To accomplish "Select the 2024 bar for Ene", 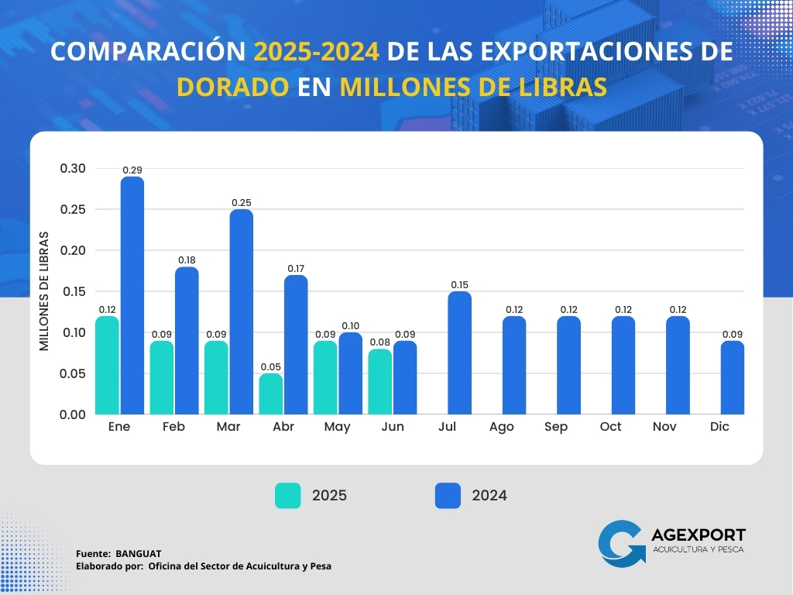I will point(132,295).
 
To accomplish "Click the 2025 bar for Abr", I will point(271,394).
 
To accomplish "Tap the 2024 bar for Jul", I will point(459,353).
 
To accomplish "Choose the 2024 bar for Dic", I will point(732,377).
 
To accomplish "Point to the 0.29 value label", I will point(132,170).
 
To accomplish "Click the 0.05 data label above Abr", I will point(271,366).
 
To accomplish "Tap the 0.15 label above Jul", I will point(459,285).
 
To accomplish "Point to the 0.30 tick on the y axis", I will point(74,168).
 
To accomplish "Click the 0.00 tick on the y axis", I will point(74,414).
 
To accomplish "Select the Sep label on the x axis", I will point(556,427).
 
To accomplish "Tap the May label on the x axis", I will point(337,427).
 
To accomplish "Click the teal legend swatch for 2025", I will point(288,496).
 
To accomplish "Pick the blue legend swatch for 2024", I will point(448,496).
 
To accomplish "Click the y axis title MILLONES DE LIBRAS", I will point(44,291).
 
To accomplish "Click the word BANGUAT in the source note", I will point(139,553).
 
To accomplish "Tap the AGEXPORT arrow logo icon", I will point(622,542).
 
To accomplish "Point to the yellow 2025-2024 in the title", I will point(317,51).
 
